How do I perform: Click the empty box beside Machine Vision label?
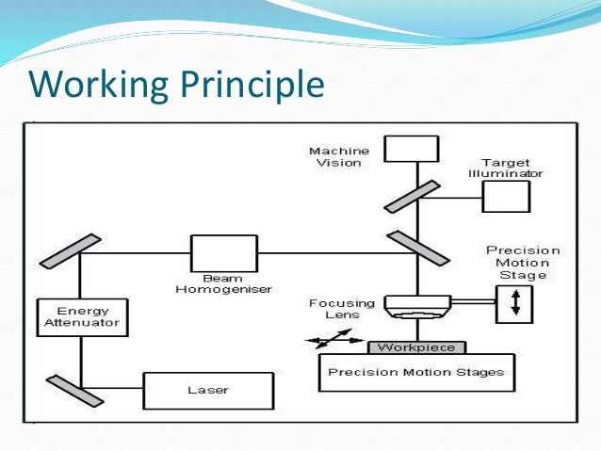coord(411,149)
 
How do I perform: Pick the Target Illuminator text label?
coord(512,169)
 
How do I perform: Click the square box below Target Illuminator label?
coord(506,197)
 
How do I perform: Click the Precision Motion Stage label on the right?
coord(522,263)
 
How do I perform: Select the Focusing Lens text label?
coord(341,310)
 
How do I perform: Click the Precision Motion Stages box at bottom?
coord(415,372)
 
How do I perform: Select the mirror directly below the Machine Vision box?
coord(411,198)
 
